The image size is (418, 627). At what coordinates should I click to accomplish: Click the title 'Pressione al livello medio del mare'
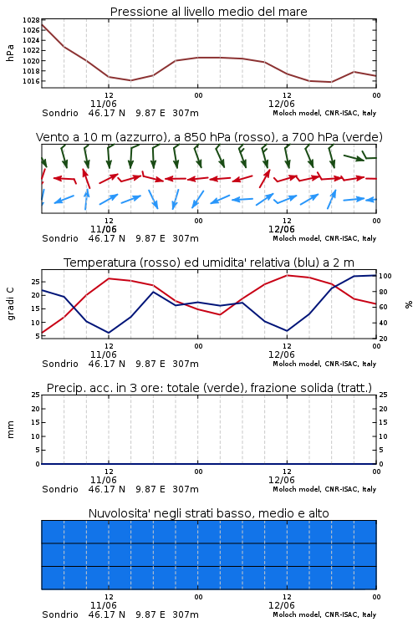(x=208, y=12)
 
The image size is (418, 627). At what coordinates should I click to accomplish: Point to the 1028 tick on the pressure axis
(x=31, y=20)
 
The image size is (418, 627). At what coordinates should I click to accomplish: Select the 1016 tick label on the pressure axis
(x=31, y=81)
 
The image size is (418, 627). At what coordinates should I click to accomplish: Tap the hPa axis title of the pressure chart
(x=10, y=53)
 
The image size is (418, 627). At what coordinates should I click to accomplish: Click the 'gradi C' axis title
(x=10, y=303)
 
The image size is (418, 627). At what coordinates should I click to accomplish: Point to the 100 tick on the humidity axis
(x=385, y=276)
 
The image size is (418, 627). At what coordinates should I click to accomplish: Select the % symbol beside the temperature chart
(x=409, y=304)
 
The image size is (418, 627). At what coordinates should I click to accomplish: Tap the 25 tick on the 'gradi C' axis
(x=36, y=282)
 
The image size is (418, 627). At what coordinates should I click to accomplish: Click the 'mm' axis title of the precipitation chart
(x=10, y=430)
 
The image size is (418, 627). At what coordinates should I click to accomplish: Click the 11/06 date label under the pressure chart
(x=104, y=104)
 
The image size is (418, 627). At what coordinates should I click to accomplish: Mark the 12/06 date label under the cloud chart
(x=282, y=605)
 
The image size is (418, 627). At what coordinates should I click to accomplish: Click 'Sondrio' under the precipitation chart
(x=60, y=489)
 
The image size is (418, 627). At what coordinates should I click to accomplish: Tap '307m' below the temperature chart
(x=186, y=364)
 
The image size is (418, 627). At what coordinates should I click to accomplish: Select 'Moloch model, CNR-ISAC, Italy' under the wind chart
(x=324, y=238)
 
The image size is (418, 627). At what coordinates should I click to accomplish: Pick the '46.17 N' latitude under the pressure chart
(x=107, y=113)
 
